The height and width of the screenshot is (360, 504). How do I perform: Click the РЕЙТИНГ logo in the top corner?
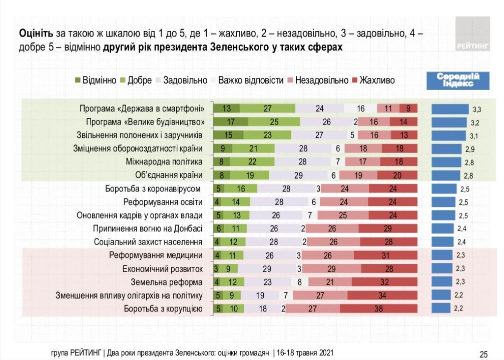coord(472,33)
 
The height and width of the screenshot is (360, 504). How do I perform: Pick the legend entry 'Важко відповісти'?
coord(246,80)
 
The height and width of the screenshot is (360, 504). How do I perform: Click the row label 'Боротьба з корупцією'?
coord(163,309)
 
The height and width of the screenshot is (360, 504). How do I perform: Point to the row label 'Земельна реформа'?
coord(166,281)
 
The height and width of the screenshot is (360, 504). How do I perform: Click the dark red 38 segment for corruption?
coord(378,309)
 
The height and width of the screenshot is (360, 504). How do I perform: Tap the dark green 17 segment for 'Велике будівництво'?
coord(230,121)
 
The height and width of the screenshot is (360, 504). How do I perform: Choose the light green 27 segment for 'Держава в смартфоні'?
coord(268,108)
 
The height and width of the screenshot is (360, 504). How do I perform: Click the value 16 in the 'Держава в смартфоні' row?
coord(360,108)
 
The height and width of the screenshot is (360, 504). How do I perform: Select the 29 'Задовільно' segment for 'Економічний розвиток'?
coord(267,268)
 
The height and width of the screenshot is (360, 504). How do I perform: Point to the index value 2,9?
coord(468,149)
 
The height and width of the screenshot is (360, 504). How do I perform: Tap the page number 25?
coord(483,354)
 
